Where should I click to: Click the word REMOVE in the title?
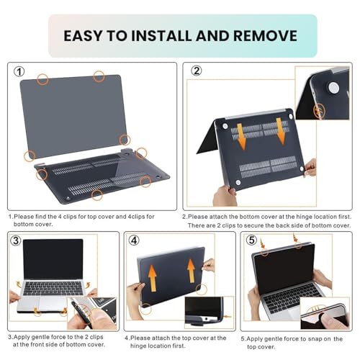[x=265, y=35]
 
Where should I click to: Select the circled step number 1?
[x=19, y=71]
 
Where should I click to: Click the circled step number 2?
[x=197, y=71]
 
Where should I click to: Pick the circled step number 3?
[x=16, y=240]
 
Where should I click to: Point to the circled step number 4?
[x=134, y=240]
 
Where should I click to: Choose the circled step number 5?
[x=251, y=240]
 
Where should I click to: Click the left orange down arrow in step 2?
[x=242, y=136]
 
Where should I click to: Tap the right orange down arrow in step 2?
[x=281, y=132]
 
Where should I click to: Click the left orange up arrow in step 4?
[x=152, y=278]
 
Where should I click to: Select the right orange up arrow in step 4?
[x=191, y=271]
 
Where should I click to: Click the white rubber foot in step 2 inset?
[x=333, y=87]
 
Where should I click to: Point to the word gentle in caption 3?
[x=41, y=337]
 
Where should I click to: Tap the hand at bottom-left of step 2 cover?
[x=225, y=196]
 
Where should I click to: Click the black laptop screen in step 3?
[x=53, y=259]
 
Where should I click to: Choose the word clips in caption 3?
[x=96, y=337]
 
